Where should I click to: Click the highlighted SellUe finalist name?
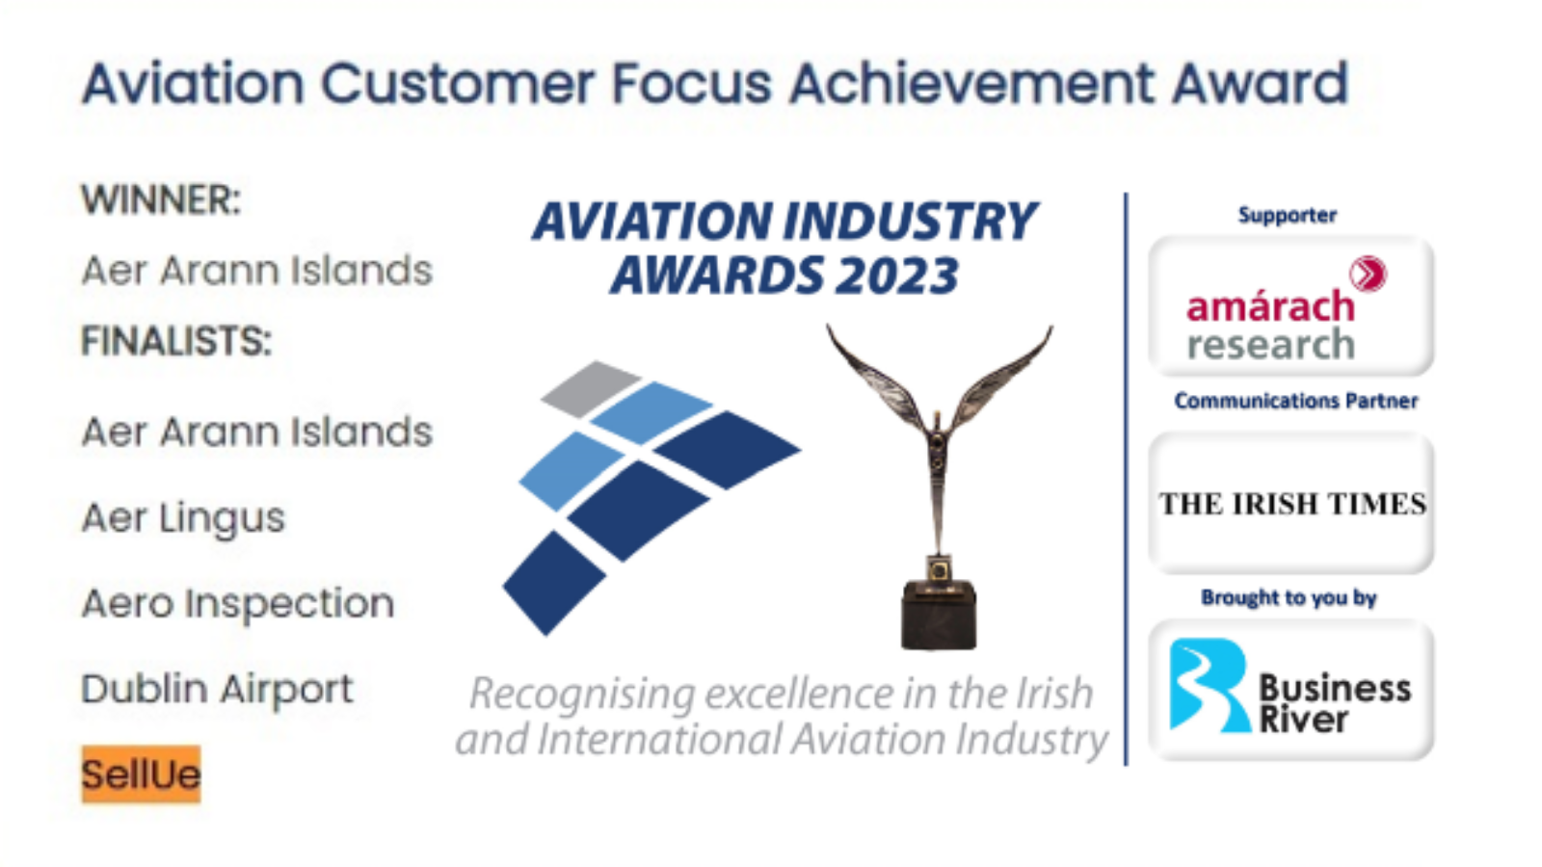(141, 775)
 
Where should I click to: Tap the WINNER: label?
(161, 199)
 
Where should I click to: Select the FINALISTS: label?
(176, 341)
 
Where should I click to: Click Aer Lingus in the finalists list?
(183, 518)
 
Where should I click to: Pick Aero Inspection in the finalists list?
(238, 603)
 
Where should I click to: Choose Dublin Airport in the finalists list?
(218, 689)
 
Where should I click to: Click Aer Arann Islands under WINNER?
(256, 270)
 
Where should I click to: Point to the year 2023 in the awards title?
(895, 276)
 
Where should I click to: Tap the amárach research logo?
(1290, 306)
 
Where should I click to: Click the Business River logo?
(1290, 690)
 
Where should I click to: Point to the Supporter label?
(1288, 216)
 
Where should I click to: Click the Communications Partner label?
(1295, 401)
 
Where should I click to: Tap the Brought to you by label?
(1289, 598)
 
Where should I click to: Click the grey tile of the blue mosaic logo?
(591, 388)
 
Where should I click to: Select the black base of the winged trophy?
(939, 616)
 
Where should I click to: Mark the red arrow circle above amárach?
(1368, 274)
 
